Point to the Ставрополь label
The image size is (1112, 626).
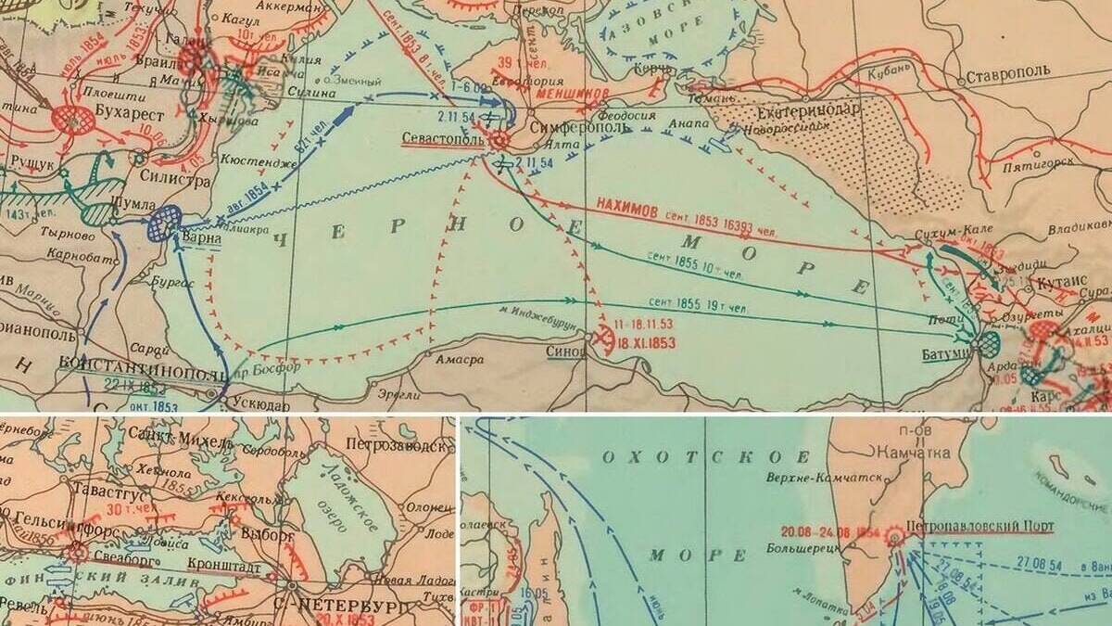point(1007,76)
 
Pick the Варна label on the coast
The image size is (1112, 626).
point(201,237)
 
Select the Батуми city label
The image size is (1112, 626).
point(945,353)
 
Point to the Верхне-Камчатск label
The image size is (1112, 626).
point(820,479)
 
